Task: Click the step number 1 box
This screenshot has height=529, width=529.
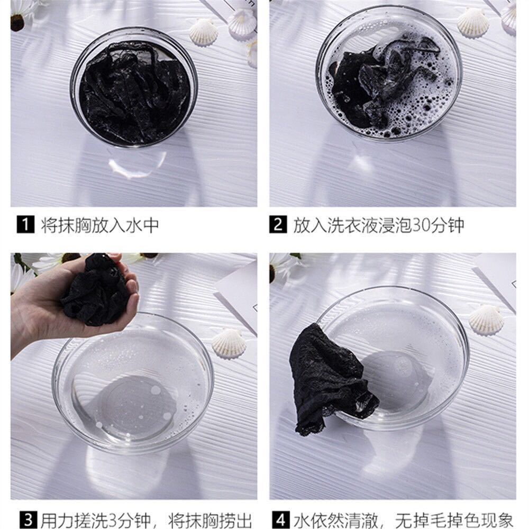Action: (25, 225)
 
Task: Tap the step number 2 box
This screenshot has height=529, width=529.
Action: (278, 225)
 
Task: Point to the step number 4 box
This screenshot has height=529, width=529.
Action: (281, 521)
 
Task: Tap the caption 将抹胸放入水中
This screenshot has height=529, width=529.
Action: (100, 225)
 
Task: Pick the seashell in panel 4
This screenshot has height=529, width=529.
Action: (486, 319)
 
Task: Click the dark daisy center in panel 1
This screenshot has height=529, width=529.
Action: (17, 23)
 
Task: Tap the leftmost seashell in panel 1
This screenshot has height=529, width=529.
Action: (203, 32)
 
